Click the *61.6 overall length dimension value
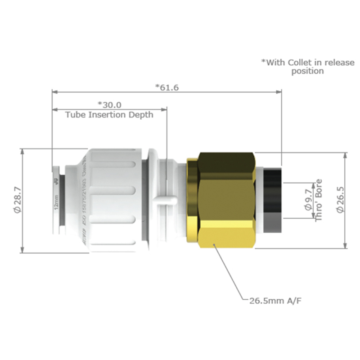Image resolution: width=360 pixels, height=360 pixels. pyautogui.click(x=166, y=87)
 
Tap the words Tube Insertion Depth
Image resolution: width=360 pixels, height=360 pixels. pyautogui.click(x=109, y=115)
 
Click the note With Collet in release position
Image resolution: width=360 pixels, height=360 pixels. pyautogui.click(x=308, y=67)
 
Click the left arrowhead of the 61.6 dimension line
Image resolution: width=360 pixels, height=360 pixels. pyautogui.click(x=54, y=91)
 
